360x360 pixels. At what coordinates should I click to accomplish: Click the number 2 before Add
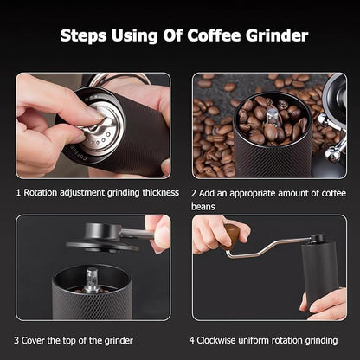(x=196, y=191)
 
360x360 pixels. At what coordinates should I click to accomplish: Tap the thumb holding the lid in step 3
(x=158, y=234)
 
